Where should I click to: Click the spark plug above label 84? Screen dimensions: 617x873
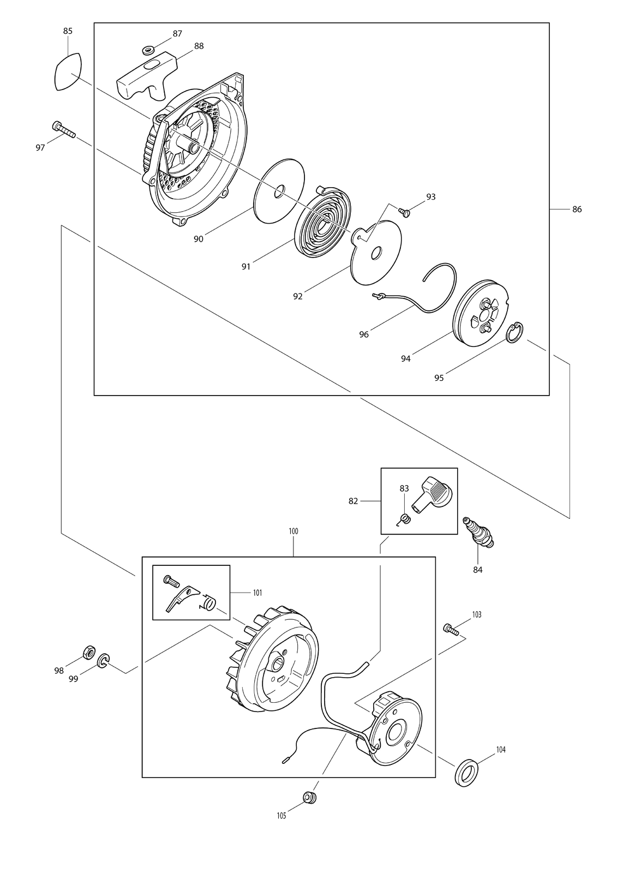478,533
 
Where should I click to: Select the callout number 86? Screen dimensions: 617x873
577,210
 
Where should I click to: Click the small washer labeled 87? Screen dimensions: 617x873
148,50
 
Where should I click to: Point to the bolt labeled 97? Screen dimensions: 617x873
63,129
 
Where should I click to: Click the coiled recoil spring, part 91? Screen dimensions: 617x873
322,222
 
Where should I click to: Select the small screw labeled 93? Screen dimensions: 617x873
404,212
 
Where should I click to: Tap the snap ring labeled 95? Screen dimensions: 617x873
515,333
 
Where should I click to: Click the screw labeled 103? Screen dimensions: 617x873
451,630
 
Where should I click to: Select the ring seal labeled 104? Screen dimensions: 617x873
466,772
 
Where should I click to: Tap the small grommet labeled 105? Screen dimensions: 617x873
309,797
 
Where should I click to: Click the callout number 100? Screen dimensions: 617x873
293,531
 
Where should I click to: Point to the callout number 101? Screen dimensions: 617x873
257,593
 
